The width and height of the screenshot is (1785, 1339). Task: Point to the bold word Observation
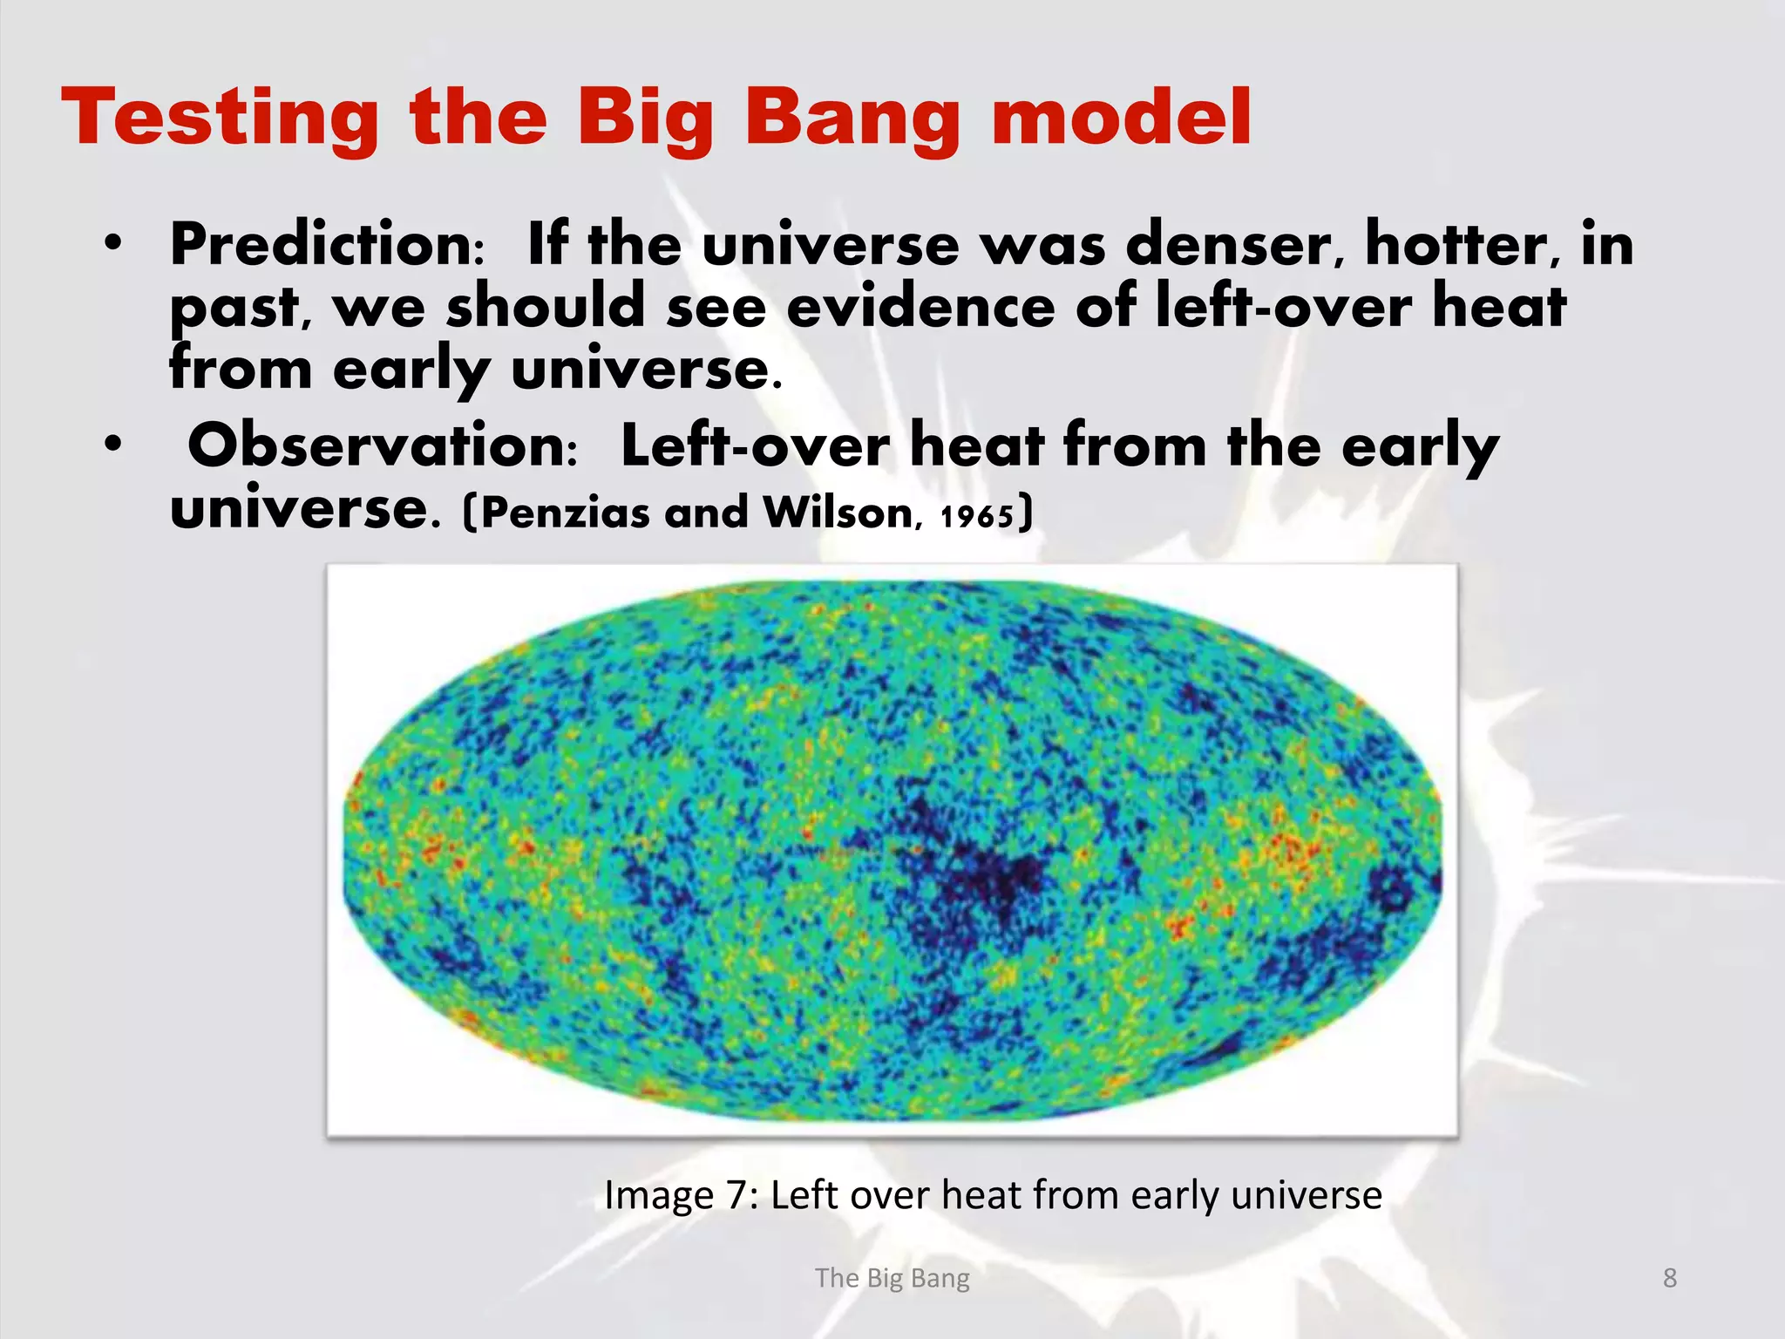pos(382,445)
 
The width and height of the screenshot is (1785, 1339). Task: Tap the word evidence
pos(920,308)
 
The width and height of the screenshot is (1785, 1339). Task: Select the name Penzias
pos(565,513)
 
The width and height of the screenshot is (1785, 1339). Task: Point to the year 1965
pos(977,516)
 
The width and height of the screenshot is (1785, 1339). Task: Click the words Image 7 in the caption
pos(675,1195)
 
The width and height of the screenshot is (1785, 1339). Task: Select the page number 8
pos(1669,1278)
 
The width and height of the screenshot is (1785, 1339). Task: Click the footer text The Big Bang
pos(892,1278)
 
